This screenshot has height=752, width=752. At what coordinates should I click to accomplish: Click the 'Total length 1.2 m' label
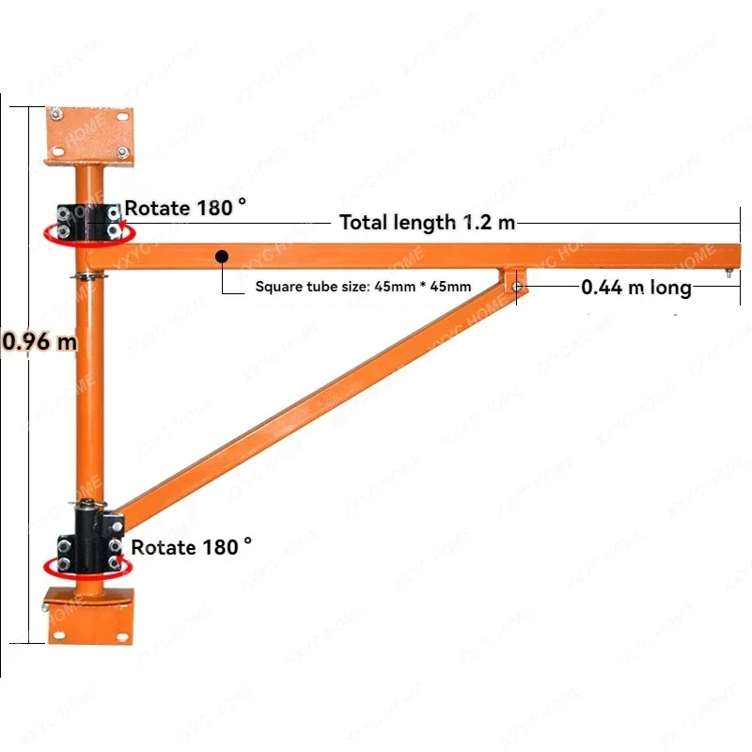(x=427, y=223)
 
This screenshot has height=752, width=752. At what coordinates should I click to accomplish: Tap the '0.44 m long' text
(x=636, y=287)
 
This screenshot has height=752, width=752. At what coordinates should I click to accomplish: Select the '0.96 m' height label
(x=39, y=341)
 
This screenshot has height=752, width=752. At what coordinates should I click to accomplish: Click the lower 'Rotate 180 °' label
(x=191, y=547)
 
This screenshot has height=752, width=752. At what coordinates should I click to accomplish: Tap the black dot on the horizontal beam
(x=221, y=255)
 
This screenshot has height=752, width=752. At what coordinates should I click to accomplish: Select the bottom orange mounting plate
(x=91, y=616)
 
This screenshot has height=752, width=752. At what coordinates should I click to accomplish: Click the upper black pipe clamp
(x=89, y=220)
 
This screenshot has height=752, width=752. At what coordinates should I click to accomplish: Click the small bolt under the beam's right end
(x=729, y=274)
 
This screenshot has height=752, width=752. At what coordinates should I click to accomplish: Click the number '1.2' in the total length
(x=475, y=223)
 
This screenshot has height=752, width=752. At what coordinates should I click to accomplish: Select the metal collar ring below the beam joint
(x=87, y=276)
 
